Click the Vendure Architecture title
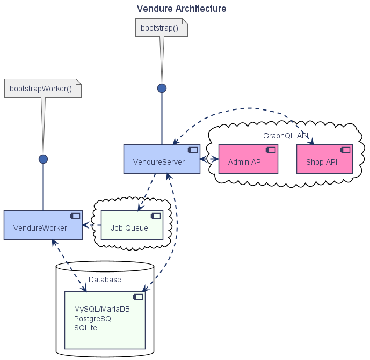[182, 9]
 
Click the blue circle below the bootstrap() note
[162, 88]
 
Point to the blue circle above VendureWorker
[43, 159]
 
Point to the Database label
[105, 280]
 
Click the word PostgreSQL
[95, 319]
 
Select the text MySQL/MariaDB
[102, 310]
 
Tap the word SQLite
[85, 328]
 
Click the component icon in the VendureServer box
[193, 150]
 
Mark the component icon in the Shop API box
[345, 150]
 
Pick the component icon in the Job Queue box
[156, 216]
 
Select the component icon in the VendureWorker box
[75, 216]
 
